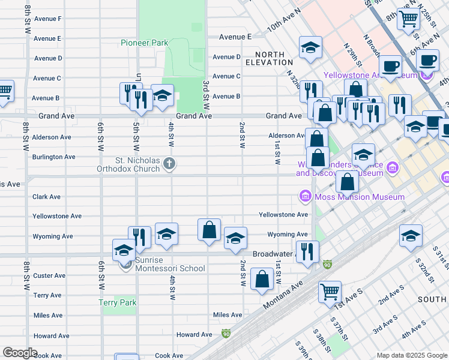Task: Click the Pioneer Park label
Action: tap(144, 43)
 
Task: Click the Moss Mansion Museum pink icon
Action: tap(305, 196)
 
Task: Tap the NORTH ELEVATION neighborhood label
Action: tap(270, 58)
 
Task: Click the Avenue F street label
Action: tap(47, 19)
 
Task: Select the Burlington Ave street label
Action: tap(54, 157)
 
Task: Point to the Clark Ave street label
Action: tap(47, 196)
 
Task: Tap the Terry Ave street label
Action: tap(47, 295)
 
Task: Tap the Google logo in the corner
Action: tap(20, 353)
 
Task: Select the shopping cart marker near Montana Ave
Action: tap(330, 292)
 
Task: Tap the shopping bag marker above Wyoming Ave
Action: tap(209, 230)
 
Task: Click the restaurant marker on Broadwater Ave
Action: tap(307, 251)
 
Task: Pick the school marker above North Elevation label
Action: tap(310, 47)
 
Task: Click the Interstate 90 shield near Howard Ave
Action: tap(226, 333)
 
